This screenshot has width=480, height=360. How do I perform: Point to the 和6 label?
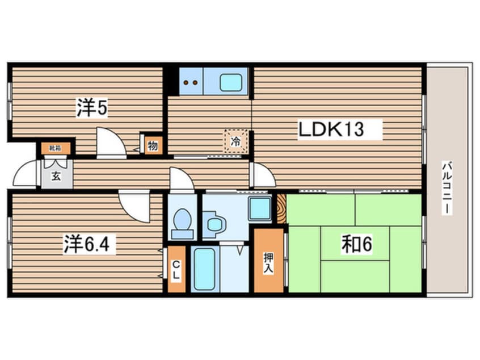coord(356,244)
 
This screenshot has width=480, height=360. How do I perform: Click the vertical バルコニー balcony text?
coord(448,187)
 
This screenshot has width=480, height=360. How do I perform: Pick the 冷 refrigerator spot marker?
coord(235,141)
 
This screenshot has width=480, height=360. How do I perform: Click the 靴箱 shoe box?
coord(55,148)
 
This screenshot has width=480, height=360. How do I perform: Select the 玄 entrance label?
coord(56,175)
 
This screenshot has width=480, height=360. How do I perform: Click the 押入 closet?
coord(268,261)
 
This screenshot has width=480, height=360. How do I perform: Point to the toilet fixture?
coord(182,223)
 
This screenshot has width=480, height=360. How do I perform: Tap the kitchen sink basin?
coord(233,82)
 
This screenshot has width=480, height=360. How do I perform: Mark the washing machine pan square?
coord(260,208)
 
